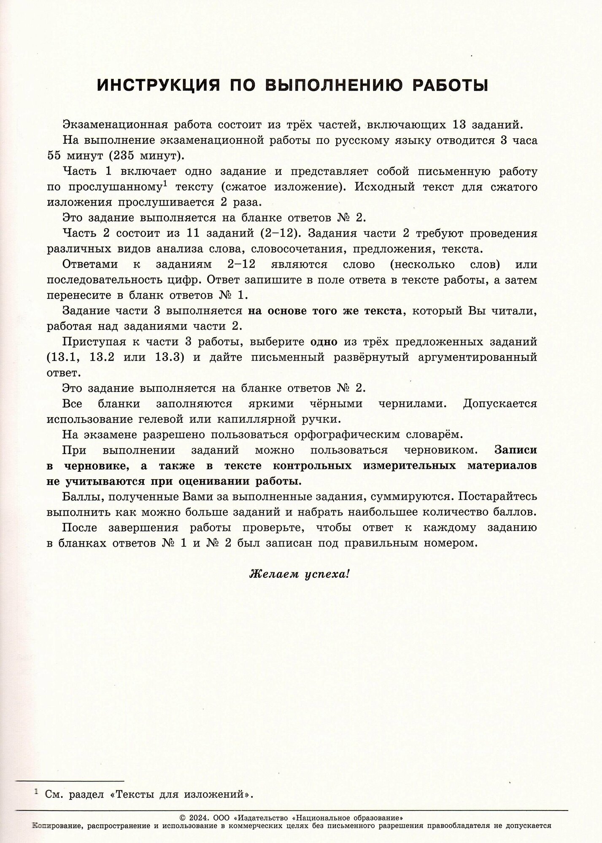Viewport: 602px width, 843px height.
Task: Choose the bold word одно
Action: coord(324,342)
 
